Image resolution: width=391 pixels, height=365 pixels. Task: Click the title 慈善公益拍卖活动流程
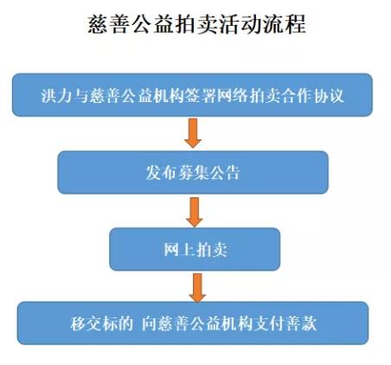(x=196, y=25)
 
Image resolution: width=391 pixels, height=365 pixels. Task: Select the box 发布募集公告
(x=193, y=172)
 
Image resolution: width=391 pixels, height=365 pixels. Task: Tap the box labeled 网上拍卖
(x=195, y=249)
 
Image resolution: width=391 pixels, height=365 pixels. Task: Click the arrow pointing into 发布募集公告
(x=193, y=133)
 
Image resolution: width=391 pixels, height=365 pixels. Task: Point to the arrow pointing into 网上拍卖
(x=195, y=212)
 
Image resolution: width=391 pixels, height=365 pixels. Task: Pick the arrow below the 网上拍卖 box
(x=197, y=288)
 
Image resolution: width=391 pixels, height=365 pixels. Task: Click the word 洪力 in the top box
(x=55, y=95)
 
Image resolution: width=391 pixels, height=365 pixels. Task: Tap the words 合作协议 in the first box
(x=313, y=95)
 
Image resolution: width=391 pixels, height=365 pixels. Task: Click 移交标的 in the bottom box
(x=101, y=323)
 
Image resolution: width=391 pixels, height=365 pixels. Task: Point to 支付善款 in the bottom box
(x=285, y=323)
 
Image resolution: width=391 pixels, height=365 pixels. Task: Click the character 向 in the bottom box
(x=150, y=323)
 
